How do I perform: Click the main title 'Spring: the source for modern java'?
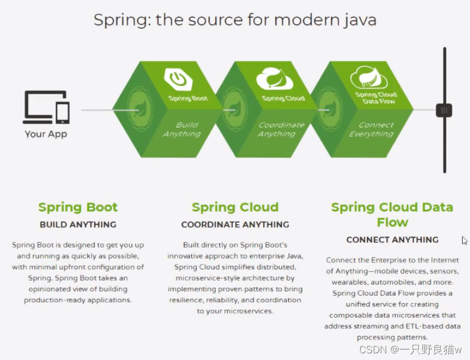(234, 20)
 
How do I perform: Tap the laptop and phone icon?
(46, 107)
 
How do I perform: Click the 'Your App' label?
(46, 134)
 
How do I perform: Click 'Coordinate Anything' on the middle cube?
(280, 129)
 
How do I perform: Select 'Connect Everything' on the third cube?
(372, 129)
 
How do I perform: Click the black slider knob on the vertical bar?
(443, 110)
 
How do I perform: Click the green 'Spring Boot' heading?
(78, 208)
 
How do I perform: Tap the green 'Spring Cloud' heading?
(235, 208)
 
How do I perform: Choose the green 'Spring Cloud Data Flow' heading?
(392, 215)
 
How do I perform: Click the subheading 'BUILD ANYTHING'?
(78, 225)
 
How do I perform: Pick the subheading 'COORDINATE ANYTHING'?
(235, 225)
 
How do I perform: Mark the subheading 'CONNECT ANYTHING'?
(392, 240)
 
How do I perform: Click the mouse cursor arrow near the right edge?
(464, 240)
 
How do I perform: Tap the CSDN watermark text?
(410, 349)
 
